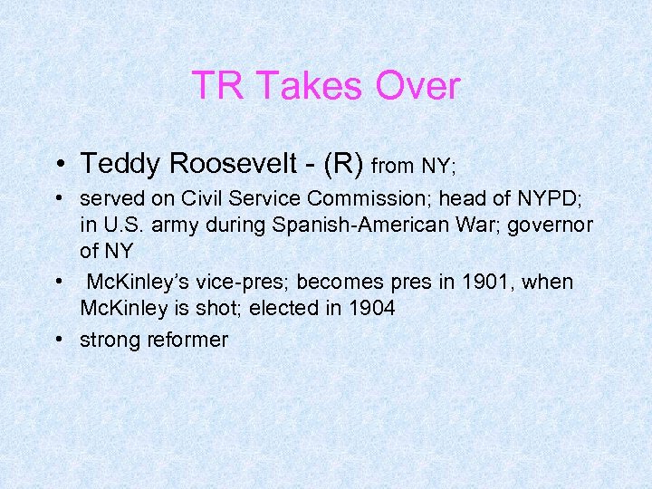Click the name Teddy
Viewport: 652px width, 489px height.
[120, 164]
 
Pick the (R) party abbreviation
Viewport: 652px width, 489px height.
[337, 164]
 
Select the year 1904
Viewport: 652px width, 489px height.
[366, 309]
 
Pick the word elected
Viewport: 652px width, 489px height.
[287, 309]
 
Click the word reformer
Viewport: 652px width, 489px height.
[187, 340]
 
